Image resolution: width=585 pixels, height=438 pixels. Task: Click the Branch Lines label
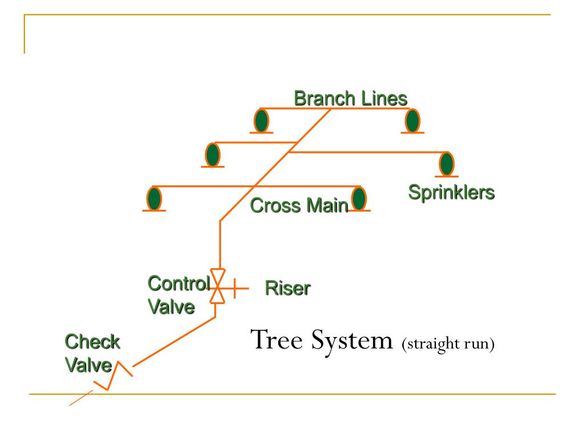[x=350, y=98]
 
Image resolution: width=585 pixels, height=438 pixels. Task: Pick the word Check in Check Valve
[x=92, y=342]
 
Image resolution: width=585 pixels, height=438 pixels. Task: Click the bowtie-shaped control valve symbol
[x=218, y=286]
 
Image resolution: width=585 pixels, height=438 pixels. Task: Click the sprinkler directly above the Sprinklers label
[x=447, y=164]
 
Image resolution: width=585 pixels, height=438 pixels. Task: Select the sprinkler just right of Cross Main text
[x=359, y=198]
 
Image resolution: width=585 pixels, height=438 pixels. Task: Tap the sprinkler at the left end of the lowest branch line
[x=154, y=198]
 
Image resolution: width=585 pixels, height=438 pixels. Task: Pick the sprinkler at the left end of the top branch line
[x=261, y=120]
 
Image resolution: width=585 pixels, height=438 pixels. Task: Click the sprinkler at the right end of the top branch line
[x=412, y=120]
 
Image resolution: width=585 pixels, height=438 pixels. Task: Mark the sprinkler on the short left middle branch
[x=213, y=155]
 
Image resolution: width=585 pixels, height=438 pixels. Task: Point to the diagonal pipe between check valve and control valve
[x=174, y=341]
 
